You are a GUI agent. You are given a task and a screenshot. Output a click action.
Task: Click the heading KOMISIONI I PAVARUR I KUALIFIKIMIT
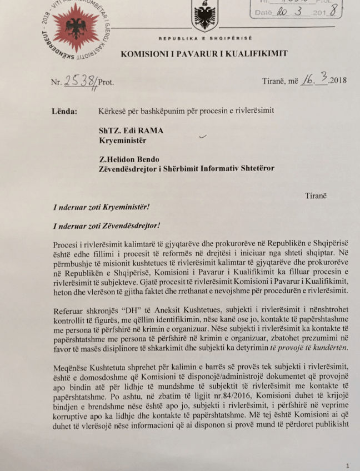pos(204,53)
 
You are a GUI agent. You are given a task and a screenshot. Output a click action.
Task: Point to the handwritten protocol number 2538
pos(80,81)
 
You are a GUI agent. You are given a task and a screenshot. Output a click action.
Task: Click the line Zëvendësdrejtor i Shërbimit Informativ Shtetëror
pos(186,169)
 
